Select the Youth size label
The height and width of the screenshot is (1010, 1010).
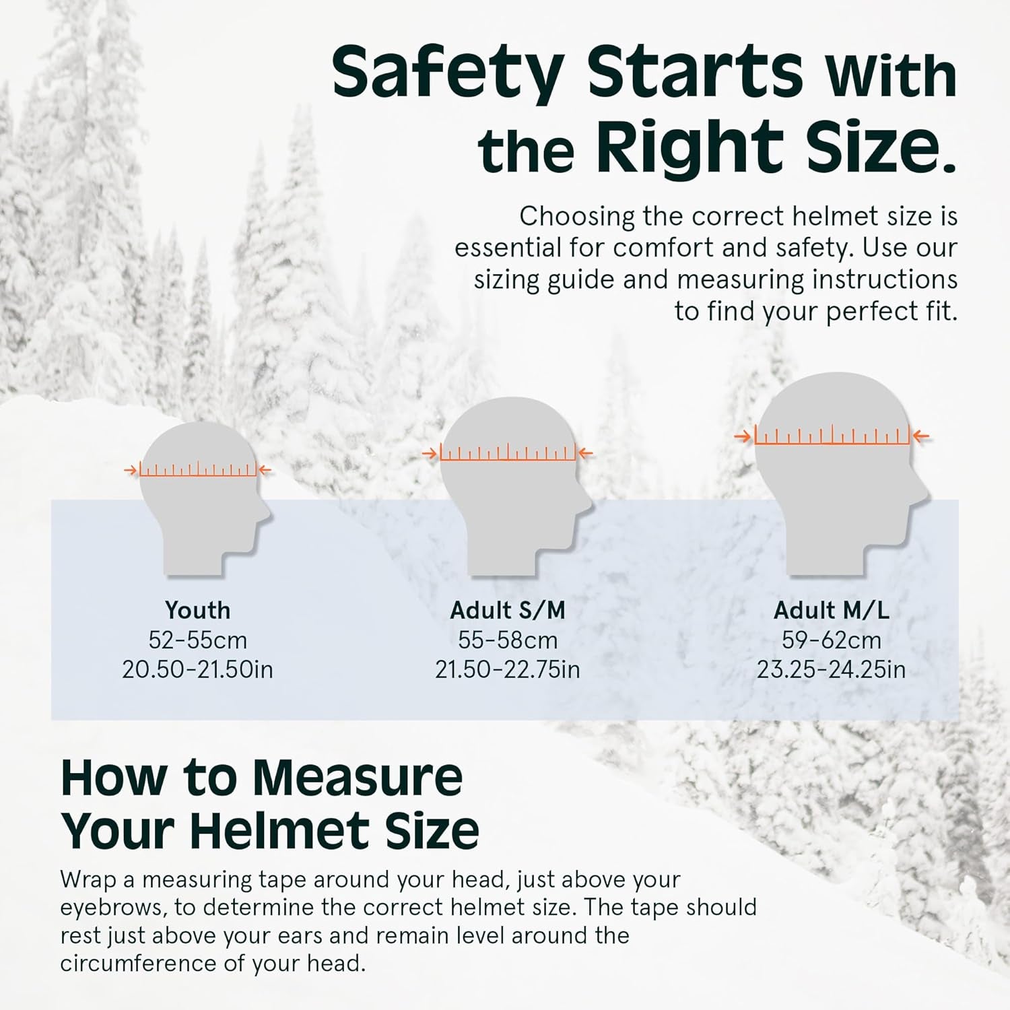point(197,610)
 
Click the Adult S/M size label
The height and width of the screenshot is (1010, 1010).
point(508,610)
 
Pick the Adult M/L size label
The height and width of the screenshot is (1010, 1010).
point(831,610)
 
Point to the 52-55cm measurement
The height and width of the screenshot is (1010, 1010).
point(197,640)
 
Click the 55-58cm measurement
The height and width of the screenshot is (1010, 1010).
point(508,640)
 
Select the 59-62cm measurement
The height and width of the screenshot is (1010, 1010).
point(831,640)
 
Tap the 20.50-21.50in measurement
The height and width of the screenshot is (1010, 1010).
point(197,669)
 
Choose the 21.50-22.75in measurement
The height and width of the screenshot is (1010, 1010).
point(508,669)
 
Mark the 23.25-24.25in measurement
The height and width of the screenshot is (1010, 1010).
point(831,669)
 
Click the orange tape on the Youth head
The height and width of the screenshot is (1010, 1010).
point(198,471)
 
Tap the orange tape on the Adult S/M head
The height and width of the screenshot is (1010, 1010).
point(508,454)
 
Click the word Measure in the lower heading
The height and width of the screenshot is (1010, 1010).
point(358,778)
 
